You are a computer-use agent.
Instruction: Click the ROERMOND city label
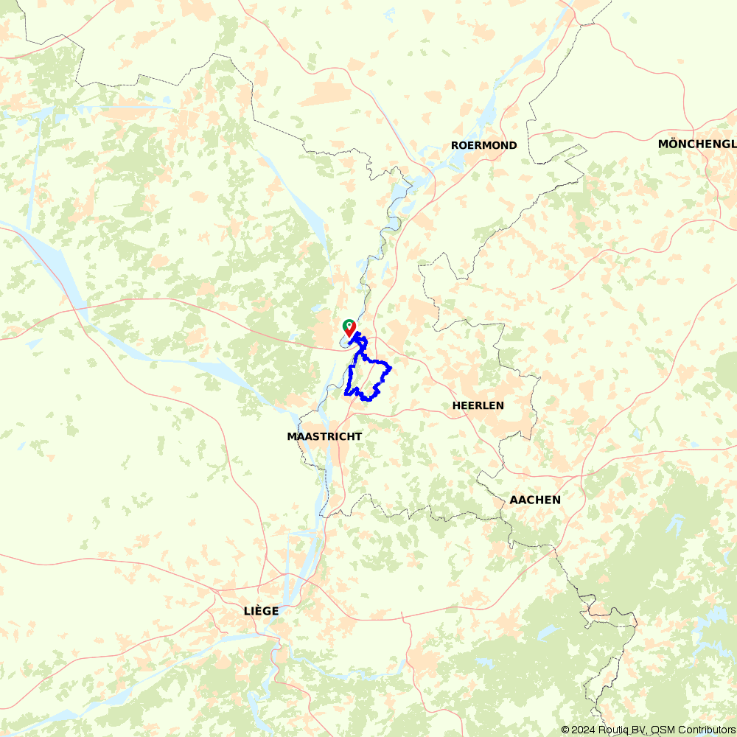483,145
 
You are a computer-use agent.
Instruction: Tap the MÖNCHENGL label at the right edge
696,144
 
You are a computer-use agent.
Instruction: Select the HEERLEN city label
478,405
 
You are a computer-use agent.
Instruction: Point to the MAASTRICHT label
324,436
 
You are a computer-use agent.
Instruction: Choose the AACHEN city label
535,500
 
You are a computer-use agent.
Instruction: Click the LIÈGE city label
261,611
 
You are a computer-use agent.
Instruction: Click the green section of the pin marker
349,323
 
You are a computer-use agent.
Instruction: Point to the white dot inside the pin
349,324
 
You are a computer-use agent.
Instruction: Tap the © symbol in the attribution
565,730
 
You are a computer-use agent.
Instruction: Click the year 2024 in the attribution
583,730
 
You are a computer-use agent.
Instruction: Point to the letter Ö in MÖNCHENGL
673,144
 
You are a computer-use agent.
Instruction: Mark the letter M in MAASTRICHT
292,436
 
